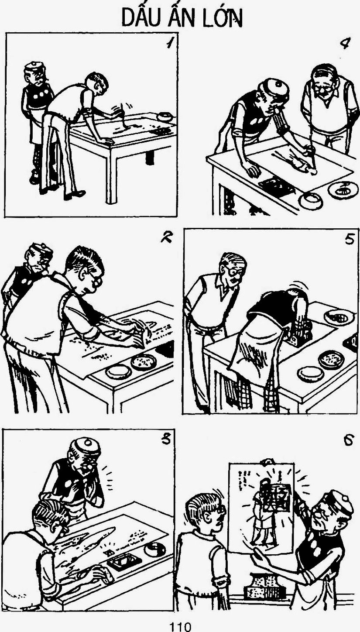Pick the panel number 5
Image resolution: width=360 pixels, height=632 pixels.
point(349,239)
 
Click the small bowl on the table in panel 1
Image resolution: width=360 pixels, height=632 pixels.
point(165,116)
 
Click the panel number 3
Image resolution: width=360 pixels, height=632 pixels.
point(166,440)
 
